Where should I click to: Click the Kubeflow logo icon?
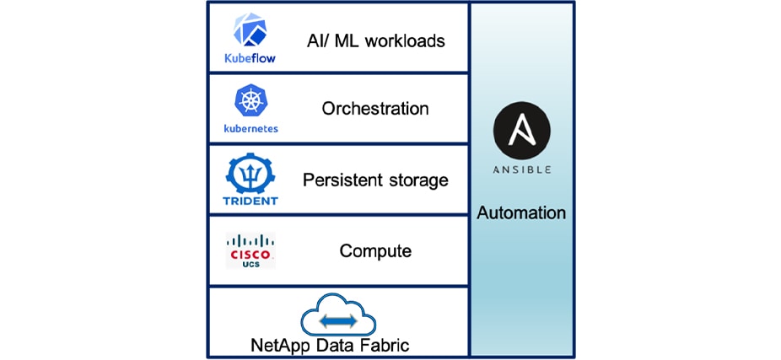point(250,30)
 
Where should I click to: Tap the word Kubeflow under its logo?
point(250,59)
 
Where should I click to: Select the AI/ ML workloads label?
point(375,39)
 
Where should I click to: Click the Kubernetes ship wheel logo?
point(250,102)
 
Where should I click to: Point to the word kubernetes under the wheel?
point(250,129)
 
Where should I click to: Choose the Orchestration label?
point(375,109)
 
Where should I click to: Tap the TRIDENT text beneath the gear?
point(250,201)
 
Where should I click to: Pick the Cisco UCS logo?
point(250,250)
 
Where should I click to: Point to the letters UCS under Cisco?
point(250,264)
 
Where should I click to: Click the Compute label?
point(375,251)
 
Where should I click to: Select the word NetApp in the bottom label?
point(277,346)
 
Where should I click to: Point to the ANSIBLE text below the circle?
point(521,169)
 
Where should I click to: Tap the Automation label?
point(521,213)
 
